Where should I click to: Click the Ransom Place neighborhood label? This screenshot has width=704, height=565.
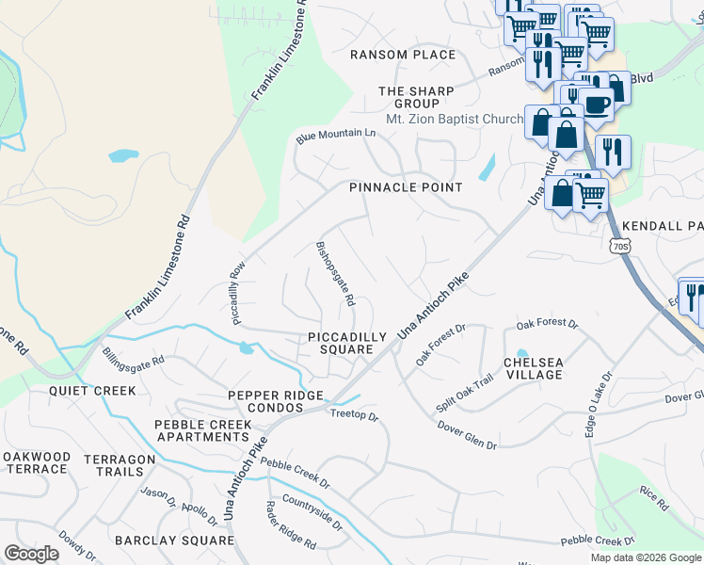coord(403,55)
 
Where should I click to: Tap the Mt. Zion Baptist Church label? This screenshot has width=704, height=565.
coord(455,120)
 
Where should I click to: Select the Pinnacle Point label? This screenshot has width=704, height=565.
coord(406,187)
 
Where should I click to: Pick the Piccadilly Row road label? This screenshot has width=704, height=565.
coord(236,293)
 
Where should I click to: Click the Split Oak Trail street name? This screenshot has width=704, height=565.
coord(464,394)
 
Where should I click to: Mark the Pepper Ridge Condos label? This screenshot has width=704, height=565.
coord(276,401)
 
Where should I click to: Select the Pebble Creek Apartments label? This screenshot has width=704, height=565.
coord(203,430)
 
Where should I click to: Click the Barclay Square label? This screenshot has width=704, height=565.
coord(174,541)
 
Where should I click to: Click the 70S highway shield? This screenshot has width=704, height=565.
coord(619,247)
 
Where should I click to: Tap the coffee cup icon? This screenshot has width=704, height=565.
coord(595,103)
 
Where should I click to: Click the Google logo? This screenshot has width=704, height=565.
coord(31,553)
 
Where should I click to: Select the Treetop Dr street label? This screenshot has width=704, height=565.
coord(354,415)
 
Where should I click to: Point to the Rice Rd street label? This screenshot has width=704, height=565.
coord(653,499)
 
